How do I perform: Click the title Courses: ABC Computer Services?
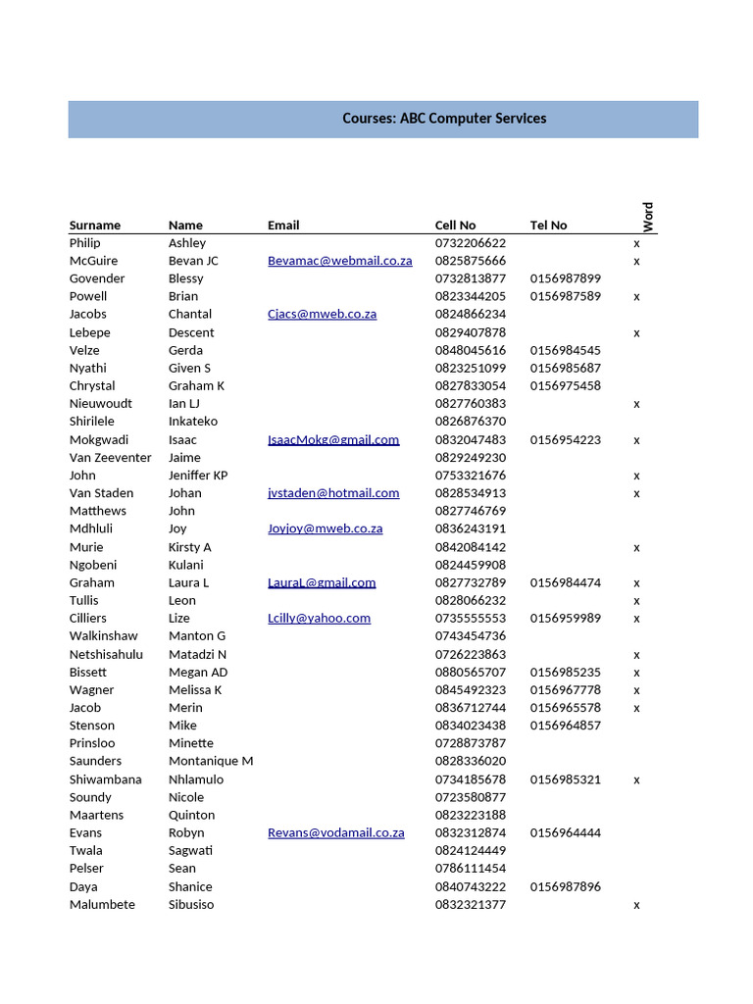[444, 119]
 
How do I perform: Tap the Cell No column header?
[455, 226]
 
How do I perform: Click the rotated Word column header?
[648, 217]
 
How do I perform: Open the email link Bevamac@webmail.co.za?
[339, 261]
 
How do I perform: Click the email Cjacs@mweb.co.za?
[322, 315]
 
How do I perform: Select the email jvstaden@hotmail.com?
[333, 493]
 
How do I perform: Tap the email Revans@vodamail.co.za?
[335, 833]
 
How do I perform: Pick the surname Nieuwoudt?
[101, 404]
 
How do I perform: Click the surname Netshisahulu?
[106, 655]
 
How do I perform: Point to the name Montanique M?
[211, 762]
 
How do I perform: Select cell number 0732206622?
[471, 243]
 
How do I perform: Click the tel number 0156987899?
[566, 279]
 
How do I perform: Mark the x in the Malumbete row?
[636, 905]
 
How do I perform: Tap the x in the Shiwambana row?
[636, 780]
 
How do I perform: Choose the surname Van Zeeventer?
[111, 458]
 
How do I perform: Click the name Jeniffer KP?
[198, 476]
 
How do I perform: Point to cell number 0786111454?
[471, 869]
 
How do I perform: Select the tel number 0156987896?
[566, 887]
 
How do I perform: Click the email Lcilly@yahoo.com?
[319, 619]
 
